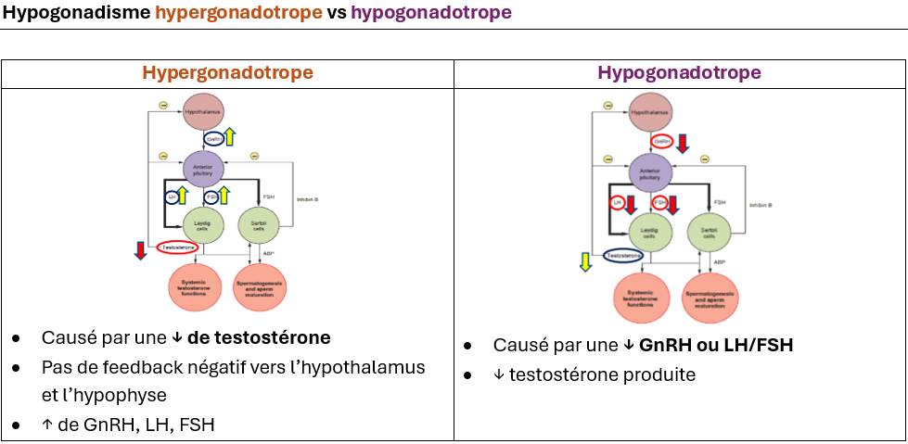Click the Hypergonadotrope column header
click(227, 73)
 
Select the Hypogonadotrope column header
click(679, 73)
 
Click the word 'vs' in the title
click(336, 14)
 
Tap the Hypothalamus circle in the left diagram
click(203, 112)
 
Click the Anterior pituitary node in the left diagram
click(203, 168)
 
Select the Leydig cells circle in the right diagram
click(649, 231)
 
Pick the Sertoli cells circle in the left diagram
click(258, 224)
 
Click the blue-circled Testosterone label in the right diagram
click(624, 255)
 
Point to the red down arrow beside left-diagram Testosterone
click(140, 249)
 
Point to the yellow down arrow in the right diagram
click(584, 262)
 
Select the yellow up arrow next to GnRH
click(230, 137)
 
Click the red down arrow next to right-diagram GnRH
click(683, 144)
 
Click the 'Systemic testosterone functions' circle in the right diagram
click(642, 298)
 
